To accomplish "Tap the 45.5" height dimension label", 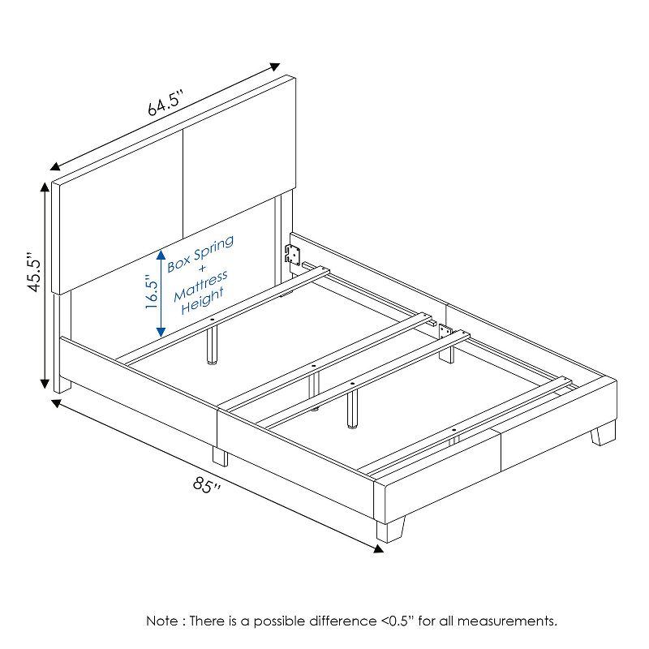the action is [34, 272].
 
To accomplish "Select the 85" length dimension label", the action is [207, 485].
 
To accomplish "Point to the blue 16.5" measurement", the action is [153, 294].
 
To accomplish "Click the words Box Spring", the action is [200, 254].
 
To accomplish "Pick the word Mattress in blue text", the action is [200, 286].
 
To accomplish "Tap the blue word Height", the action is [203, 301].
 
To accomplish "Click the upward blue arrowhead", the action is [161, 255].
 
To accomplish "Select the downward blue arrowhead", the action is [161, 332].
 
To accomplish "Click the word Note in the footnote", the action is [163, 621].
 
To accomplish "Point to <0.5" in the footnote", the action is [397, 621].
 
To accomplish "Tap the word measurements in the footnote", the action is [507, 621].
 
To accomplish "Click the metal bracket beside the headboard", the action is [293, 254].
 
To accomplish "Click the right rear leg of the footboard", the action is [603, 433].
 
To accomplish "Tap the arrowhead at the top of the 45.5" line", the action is [45, 187].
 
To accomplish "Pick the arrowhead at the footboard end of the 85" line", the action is [378, 549].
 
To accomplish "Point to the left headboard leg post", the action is [62, 342].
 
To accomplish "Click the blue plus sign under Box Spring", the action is [201, 269].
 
